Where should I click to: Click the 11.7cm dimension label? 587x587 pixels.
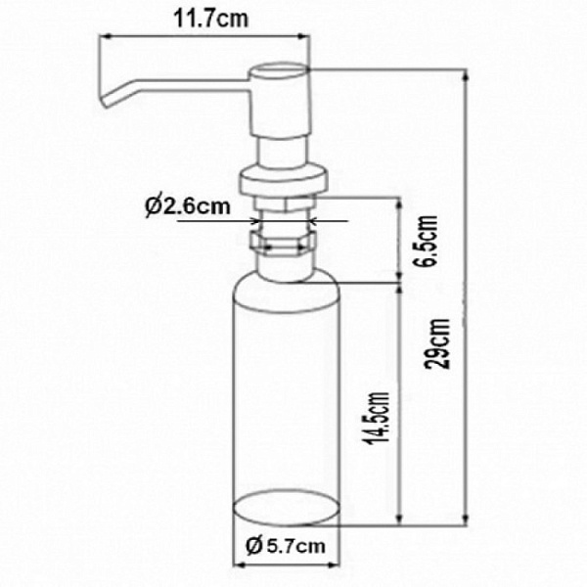(x=210, y=19)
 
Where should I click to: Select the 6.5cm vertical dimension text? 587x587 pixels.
(x=428, y=241)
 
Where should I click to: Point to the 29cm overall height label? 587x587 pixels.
(x=438, y=343)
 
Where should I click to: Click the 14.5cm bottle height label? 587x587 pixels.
(x=377, y=418)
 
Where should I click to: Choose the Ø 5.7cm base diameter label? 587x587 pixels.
(x=286, y=546)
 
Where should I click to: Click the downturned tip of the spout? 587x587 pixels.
(x=106, y=101)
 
